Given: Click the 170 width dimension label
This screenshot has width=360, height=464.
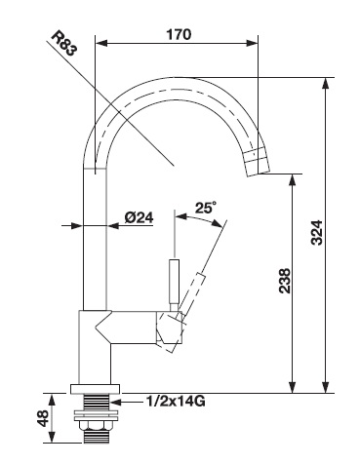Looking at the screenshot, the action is [179, 34].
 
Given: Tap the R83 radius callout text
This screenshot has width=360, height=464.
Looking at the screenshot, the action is [64, 43].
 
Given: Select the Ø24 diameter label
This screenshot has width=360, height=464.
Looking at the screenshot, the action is [139, 217].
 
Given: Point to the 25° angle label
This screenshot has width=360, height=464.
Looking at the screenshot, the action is [206, 208].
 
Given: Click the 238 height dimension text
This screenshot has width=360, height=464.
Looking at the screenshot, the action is [285, 281].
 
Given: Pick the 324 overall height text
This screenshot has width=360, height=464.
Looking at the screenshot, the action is [316, 233].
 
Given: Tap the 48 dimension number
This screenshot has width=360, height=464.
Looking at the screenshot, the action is [43, 418].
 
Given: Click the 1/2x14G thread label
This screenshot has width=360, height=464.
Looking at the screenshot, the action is [176, 402].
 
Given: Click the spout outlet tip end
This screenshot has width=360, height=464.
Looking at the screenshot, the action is [259, 173].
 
